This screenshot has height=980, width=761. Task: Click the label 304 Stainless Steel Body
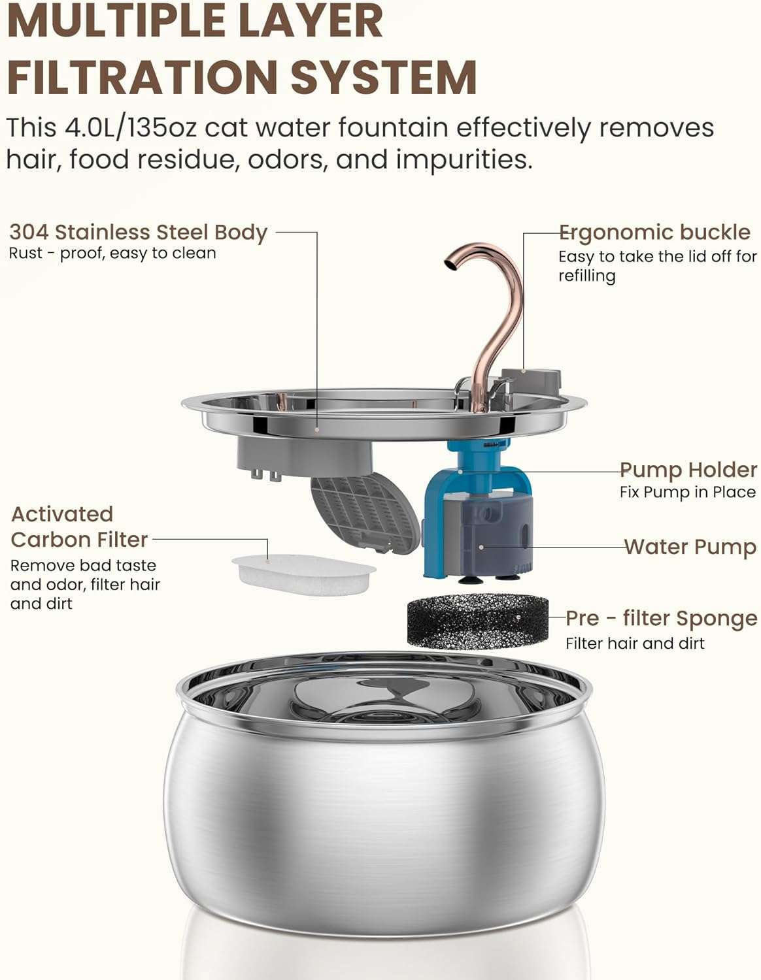coord(138,233)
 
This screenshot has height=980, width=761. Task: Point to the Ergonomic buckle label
coord(654,233)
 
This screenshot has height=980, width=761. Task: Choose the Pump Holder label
coord(688,470)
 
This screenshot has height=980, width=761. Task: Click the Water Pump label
coord(690,547)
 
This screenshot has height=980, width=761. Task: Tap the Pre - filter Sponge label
coord(660,618)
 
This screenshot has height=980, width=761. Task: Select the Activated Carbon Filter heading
coord(79,527)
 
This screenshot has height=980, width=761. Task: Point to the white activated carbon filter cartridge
coord(304,570)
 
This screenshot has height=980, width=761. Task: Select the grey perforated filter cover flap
coord(365,513)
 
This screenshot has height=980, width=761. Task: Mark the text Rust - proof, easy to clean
coord(112,253)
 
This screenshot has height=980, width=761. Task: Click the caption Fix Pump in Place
coord(687,493)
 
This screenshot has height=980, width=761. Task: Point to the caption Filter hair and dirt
coord(635,644)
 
